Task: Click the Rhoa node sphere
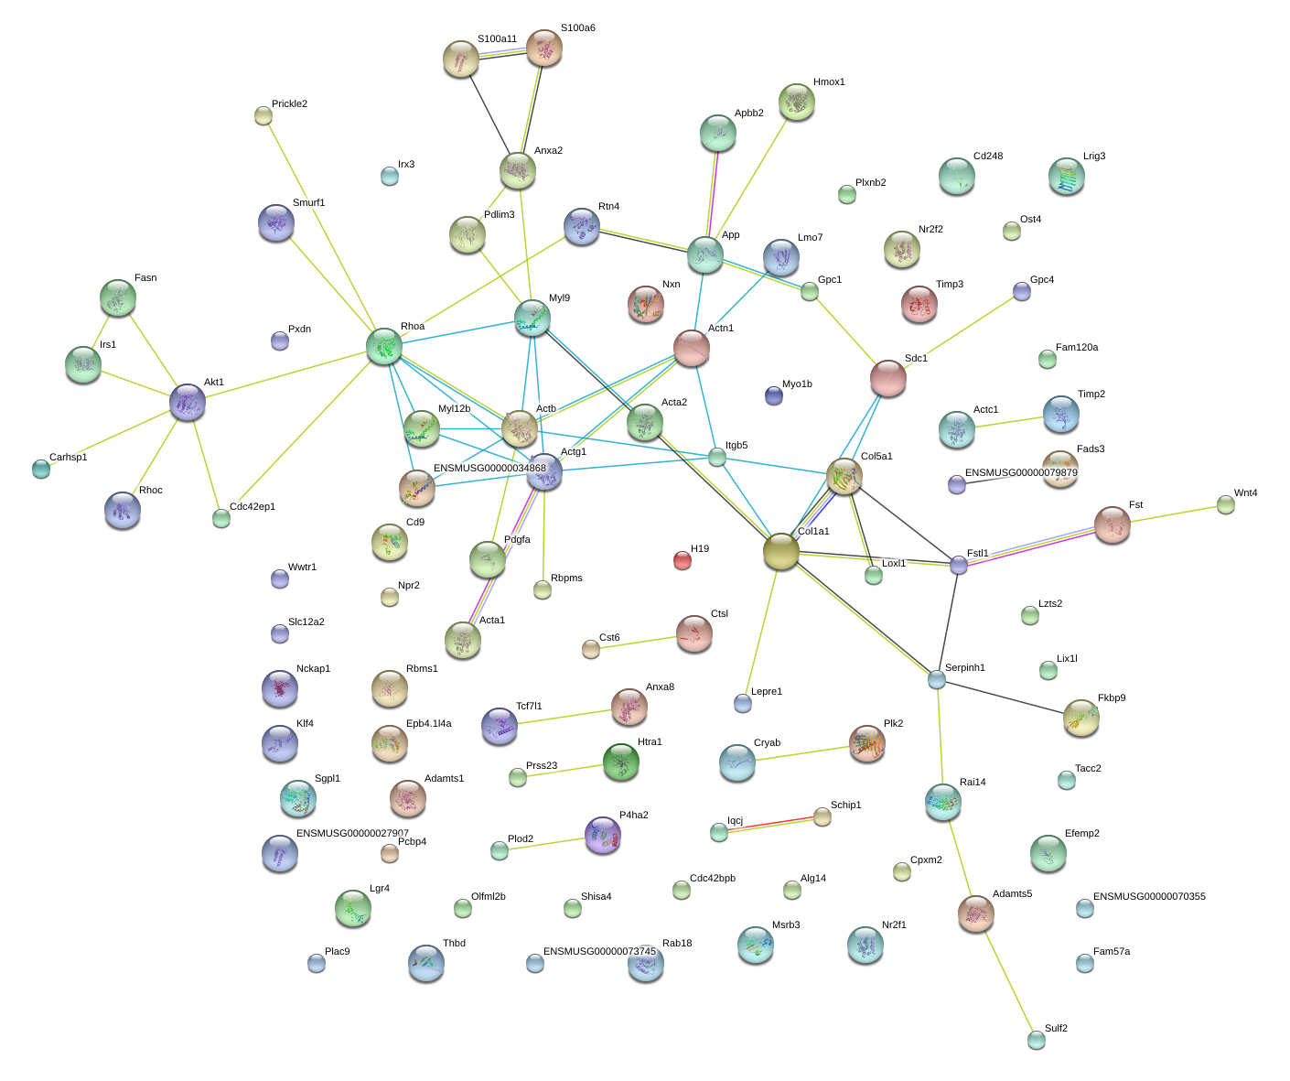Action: (383, 346)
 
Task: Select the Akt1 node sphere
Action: (188, 403)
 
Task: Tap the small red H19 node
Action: (683, 560)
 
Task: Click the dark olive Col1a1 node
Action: (781, 551)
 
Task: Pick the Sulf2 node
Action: (1036, 1040)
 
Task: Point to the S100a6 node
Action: (543, 48)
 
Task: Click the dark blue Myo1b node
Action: (773, 395)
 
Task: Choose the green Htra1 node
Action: (620, 762)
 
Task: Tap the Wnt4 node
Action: (1226, 505)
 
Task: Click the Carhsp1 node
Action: (41, 470)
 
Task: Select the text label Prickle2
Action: (289, 103)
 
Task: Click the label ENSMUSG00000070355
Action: (1149, 896)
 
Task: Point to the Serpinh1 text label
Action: (965, 667)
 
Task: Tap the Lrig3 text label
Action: (1094, 156)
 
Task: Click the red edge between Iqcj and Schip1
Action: (770, 823)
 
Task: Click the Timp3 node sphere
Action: (919, 304)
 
